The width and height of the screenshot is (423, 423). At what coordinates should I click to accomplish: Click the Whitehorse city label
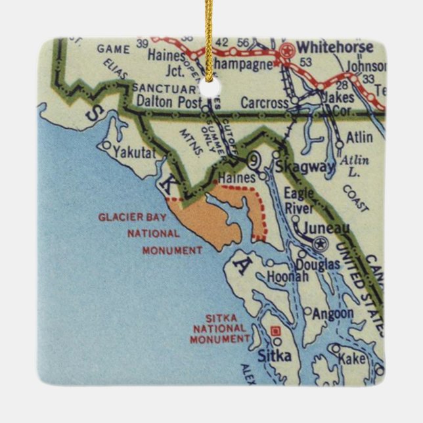tap(334, 47)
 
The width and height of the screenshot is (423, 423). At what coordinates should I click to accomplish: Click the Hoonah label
tap(288, 277)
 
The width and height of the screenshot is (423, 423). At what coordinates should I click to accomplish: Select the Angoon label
tap(332, 314)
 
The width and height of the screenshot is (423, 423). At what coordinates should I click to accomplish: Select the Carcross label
tap(264, 103)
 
